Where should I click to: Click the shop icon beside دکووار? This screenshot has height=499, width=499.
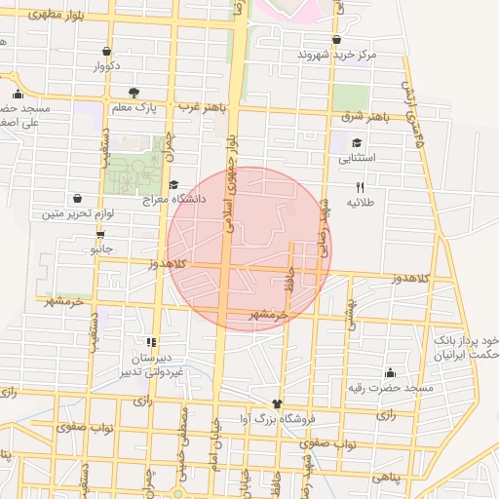[x=106, y=52]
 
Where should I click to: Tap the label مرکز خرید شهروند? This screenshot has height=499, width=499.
[x=336, y=56]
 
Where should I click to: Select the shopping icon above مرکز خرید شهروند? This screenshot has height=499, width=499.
[x=336, y=40]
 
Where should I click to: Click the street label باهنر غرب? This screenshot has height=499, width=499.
[x=203, y=105]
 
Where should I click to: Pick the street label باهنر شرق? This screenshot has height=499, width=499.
[x=367, y=117]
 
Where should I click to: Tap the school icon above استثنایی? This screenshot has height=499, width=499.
[x=357, y=142]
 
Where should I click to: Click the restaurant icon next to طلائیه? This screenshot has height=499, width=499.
[x=360, y=187]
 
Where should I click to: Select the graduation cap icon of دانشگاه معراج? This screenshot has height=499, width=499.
[x=173, y=184]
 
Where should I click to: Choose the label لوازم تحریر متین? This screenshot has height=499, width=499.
[x=78, y=212]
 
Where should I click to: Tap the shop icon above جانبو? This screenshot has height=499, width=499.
[x=100, y=235]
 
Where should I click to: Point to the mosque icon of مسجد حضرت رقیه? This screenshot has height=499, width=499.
[x=391, y=372]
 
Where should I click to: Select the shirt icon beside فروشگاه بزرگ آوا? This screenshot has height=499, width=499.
[x=278, y=403]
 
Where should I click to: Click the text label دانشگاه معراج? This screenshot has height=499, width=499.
[x=198, y=198]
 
